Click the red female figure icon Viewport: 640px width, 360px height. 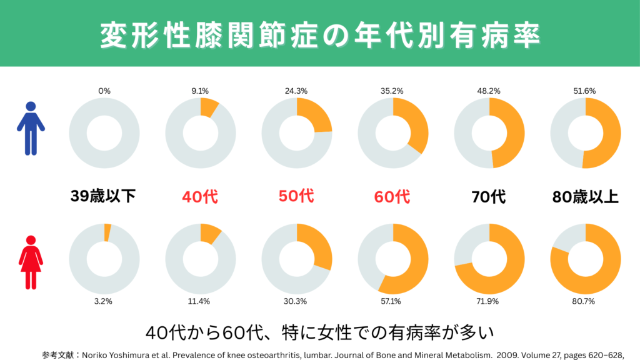point(31,261)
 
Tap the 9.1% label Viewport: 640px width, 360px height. point(200,91)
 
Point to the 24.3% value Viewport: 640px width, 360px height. point(296,91)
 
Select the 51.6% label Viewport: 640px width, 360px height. point(585,91)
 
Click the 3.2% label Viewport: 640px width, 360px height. point(104,301)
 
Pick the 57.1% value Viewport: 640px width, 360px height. point(392,301)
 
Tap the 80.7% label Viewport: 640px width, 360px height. point(585,301)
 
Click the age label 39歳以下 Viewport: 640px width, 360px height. point(103,197)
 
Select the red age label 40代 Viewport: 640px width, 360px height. point(200,197)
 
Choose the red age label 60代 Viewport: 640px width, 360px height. point(392,197)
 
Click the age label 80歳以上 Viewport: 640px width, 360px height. point(585,197)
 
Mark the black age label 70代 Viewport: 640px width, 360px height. point(489,197)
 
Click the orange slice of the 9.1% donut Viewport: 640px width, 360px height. point(209,107)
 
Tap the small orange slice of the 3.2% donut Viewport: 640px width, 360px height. point(107,232)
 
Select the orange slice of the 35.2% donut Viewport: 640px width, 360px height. point(415,127)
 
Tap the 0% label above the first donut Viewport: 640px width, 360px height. point(104,91)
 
